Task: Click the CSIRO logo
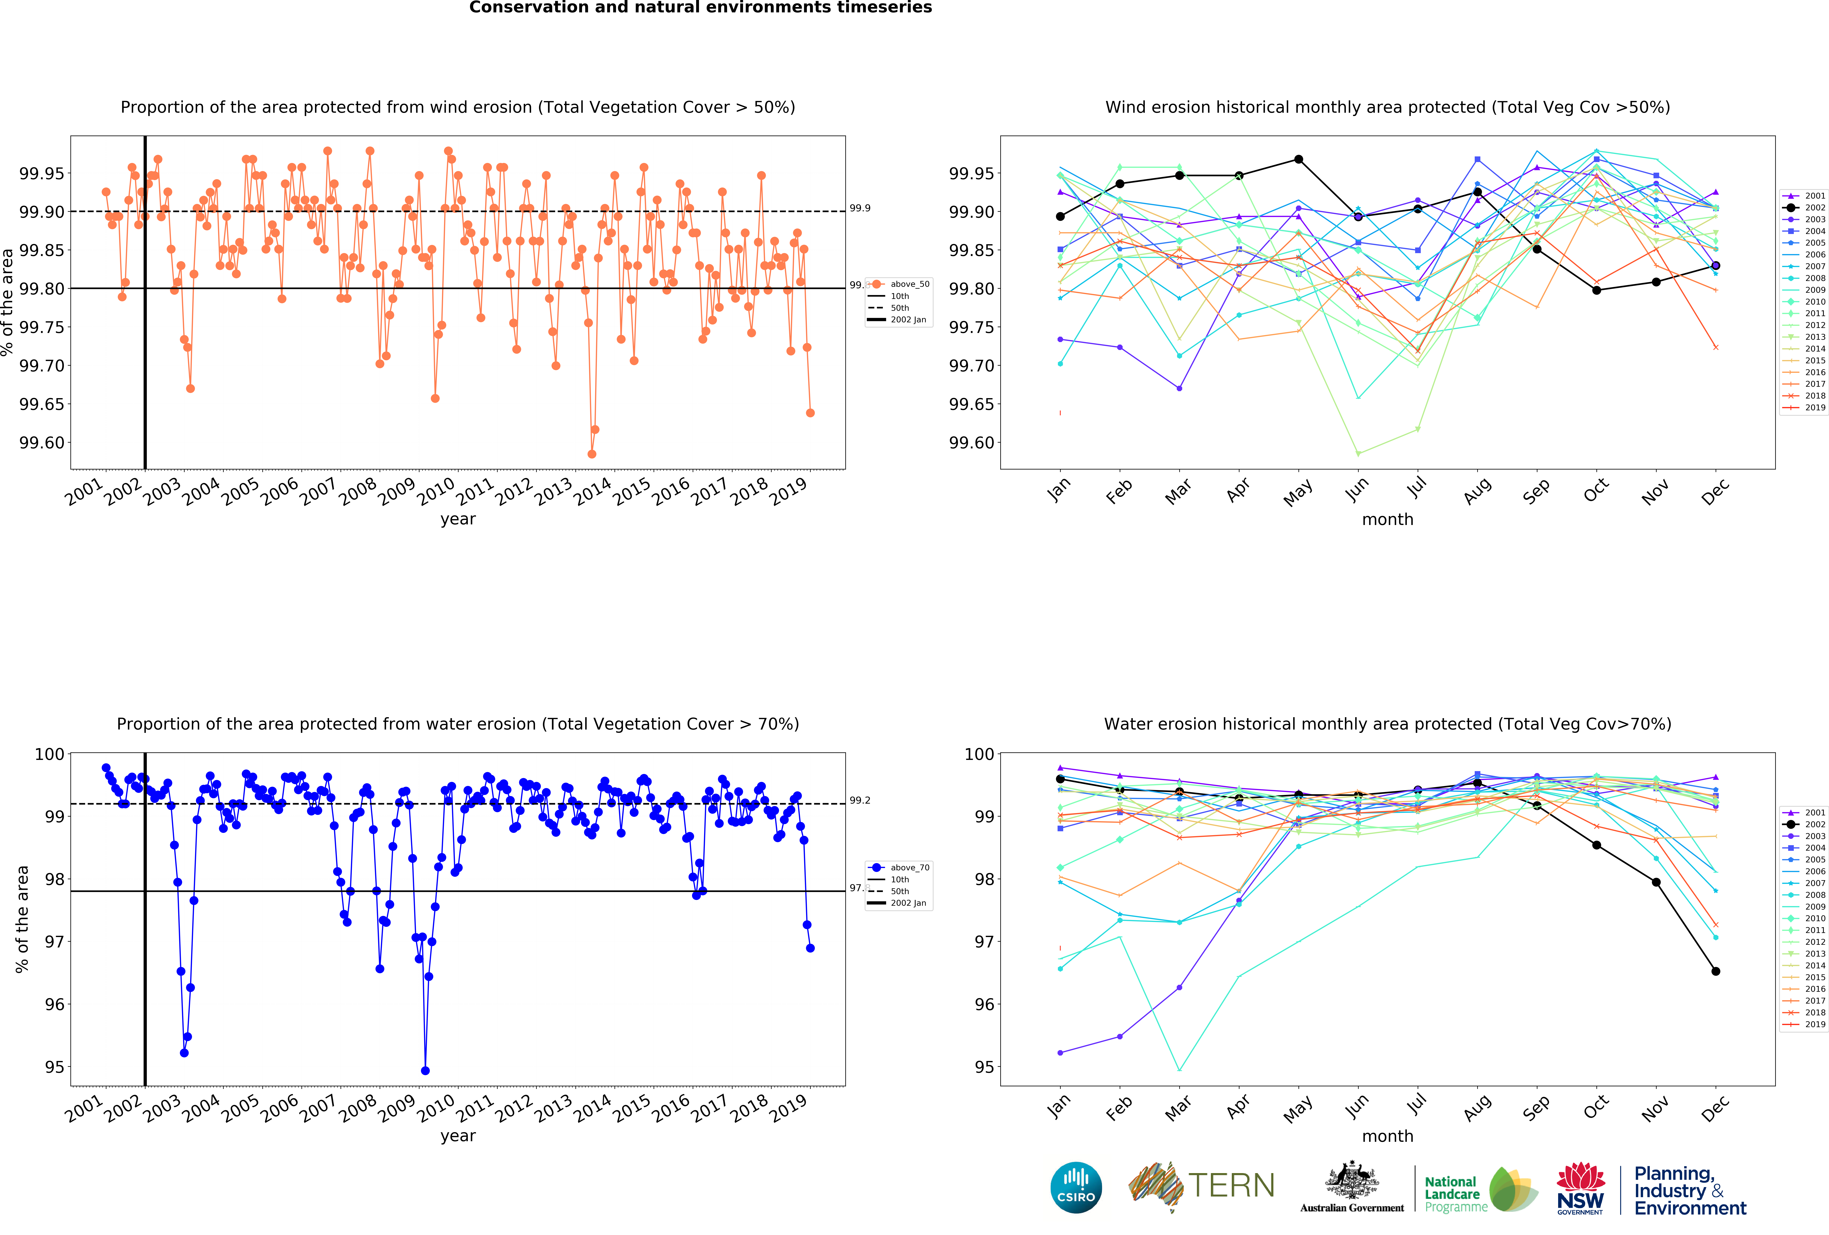point(1076,1187)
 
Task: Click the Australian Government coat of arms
point(1351,1180)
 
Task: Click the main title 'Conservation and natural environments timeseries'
point(700,8)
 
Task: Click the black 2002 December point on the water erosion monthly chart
point(1716,971)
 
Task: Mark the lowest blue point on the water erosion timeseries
point(425,1071)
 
